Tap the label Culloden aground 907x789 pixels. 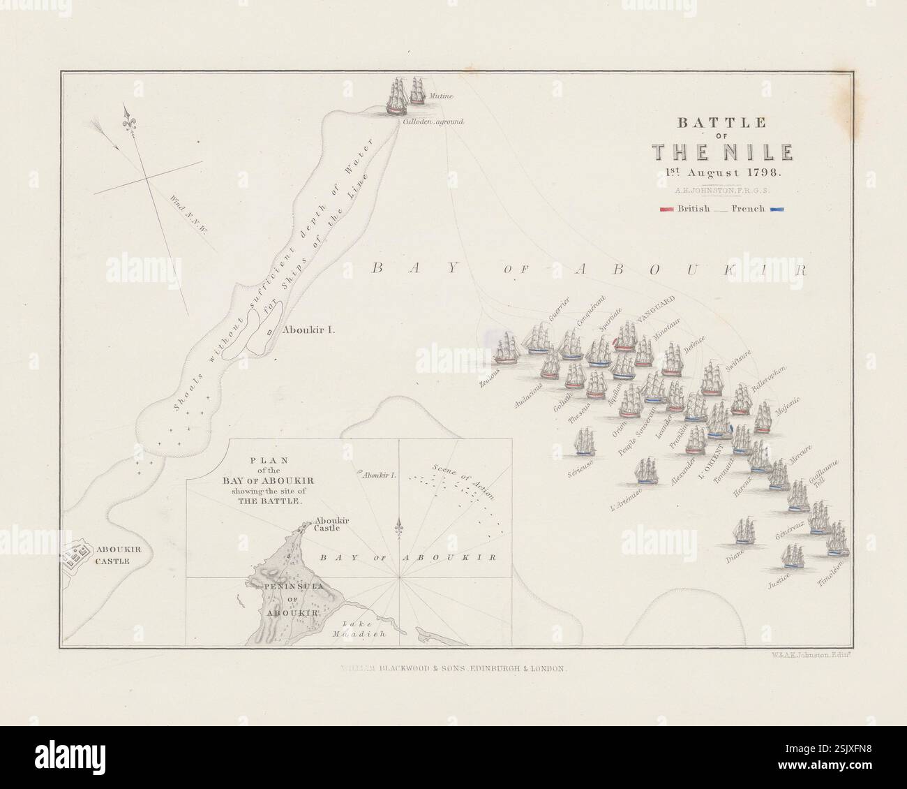pyautogui.click(x=433, y=121)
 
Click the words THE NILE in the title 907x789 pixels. pyautogui.click(x=721, y=152)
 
